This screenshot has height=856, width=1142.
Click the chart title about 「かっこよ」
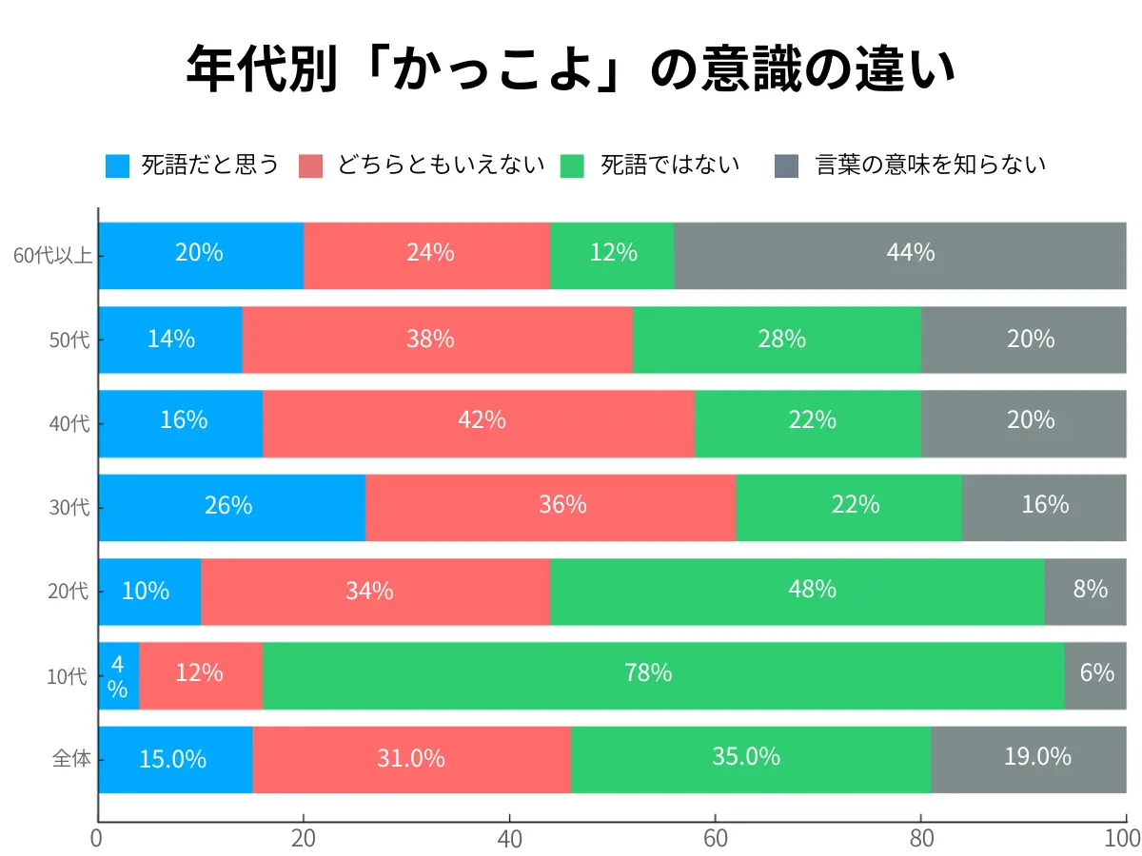pyautogui.click(x=571, y=68)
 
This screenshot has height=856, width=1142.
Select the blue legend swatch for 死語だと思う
pyautogui.click(x=117, y=165)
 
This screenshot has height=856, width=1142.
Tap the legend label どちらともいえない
pyautogui.click(x=441, y=165)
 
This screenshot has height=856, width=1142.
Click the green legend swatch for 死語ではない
pyautogui.click(x=574, y=165)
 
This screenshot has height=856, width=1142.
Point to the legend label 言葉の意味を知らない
pyautogui.click(x=931, y=165)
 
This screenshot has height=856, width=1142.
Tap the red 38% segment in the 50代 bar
pyautogui.click(x=437, y=340)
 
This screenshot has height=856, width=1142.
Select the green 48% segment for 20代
pyautogui.click(x=797, y=591)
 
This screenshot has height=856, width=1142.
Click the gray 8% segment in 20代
pyautogui.click(x=1086, y=591)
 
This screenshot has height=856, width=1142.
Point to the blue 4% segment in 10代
pyautogui.click(x=118, y=675)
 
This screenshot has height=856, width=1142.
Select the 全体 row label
pyautogui.click(x=70, y=759)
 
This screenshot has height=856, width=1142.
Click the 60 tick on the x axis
pyautogui.click(x=715, y=838)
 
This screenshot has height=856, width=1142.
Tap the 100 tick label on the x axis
pyautogui.click(x=1124, y=838)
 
